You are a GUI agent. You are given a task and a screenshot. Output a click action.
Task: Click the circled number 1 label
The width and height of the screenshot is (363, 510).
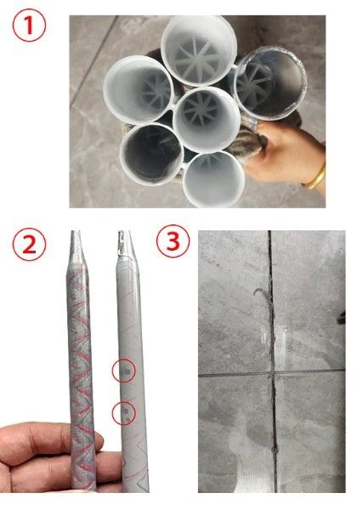(x=29, y=25)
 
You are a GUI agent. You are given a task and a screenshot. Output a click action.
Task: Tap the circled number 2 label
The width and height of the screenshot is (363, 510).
(x=29, y=245)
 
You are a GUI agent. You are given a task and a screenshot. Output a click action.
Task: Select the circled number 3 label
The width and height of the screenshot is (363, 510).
(x=173, y=241)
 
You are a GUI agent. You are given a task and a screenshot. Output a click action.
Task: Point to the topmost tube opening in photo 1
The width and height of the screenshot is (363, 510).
(x=199, y=51)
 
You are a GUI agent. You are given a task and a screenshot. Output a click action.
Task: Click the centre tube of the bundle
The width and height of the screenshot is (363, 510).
(x=207, y=119)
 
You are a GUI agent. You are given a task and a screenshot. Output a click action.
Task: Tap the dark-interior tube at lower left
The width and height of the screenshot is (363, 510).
(x=152, y=153)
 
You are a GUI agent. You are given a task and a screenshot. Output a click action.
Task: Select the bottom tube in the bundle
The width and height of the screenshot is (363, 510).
(x=213, y=179)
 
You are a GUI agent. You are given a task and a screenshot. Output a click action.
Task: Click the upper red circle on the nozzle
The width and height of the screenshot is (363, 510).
(x=124, y=371)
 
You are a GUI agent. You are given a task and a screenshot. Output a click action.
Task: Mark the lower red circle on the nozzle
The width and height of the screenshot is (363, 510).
(x=124, y=413)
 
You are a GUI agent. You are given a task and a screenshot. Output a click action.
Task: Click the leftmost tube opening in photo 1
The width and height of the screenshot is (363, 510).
(x=138, y=89)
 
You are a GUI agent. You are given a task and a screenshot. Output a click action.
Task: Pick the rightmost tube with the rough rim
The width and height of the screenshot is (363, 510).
(x=270, y=83)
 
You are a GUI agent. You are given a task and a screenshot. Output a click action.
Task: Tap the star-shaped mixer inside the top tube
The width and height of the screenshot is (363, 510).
(x=199, y=59)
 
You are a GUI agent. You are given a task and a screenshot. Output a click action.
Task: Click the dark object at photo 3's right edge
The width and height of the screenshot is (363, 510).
(x=342, y=317)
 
